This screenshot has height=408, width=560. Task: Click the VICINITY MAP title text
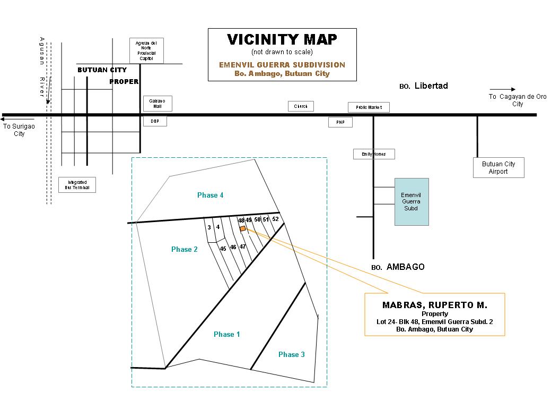coord(282,40)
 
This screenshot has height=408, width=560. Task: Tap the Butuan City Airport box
coord(498,167)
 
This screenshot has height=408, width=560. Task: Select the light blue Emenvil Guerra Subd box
coord(412,201)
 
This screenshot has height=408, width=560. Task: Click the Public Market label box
coord(369,107)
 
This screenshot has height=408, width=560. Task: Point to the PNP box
coord(340,122)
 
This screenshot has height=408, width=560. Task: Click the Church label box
coord(301,106)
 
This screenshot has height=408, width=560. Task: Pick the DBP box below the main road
coord(155,121)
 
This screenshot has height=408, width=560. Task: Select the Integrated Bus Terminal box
coord(77,185)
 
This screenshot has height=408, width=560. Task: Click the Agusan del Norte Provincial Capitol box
coord(146,50)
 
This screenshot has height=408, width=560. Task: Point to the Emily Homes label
coord(374,154)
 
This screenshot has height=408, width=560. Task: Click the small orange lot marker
coord(243,228)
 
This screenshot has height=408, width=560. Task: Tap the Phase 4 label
coord(210,195)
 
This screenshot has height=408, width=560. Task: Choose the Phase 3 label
coord(292,354)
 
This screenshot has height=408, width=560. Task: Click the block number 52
coord(275,219)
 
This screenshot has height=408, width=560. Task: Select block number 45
coord(223,248)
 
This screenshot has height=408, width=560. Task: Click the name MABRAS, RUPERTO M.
coord(434,305)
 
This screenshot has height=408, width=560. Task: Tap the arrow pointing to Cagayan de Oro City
coord(502,89)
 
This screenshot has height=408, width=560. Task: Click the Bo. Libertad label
coord(424,86)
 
